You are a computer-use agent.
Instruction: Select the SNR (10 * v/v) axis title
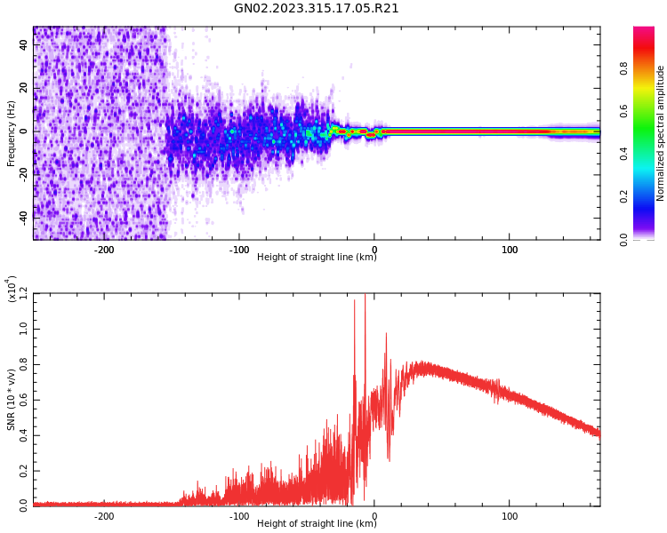12,400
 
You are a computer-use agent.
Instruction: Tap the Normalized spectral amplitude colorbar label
661,133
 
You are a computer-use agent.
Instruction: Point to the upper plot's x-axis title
317,258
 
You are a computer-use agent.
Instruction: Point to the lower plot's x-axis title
317,522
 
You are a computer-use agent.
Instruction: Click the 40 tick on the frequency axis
24,46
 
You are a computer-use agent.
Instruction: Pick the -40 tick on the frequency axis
22,216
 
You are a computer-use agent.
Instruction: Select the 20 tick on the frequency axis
24,89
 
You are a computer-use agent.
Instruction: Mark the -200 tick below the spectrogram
104,250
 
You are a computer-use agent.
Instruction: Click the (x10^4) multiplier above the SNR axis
12,290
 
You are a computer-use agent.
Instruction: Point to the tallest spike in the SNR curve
365,298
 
